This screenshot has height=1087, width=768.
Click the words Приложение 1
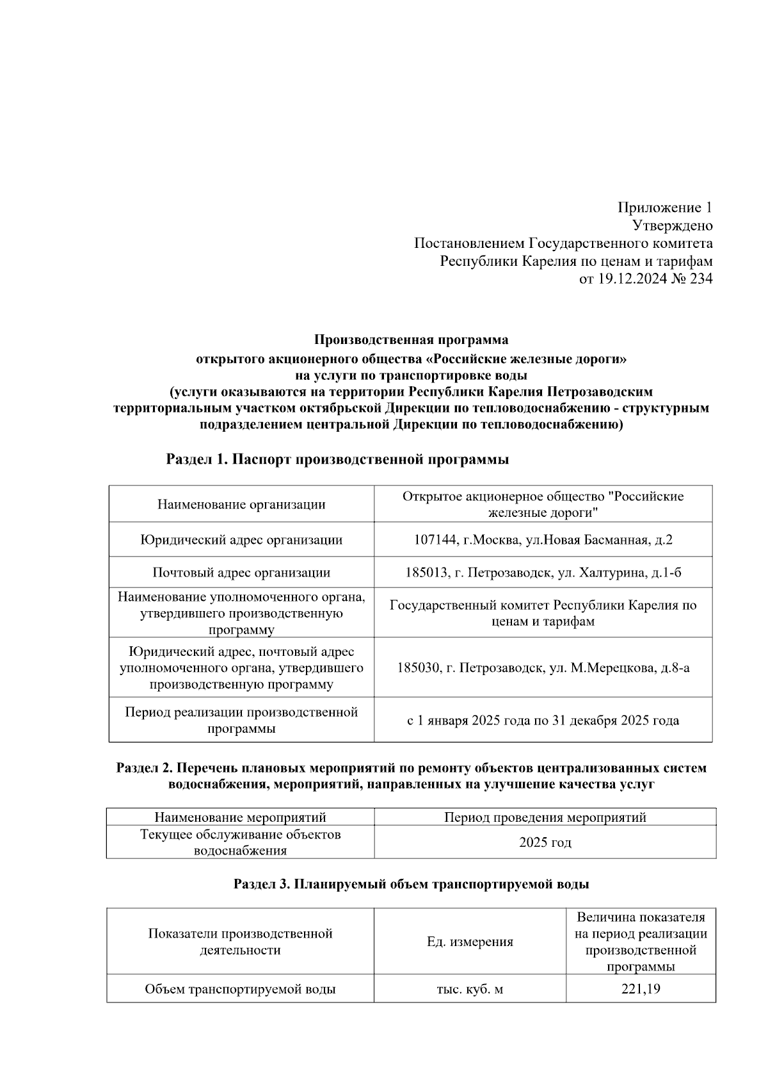[664, 208]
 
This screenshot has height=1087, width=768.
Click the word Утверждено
[672, 225]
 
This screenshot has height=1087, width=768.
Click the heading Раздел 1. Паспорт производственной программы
[337, 459]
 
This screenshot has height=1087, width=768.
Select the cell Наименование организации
[241, 505]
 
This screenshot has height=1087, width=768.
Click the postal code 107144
[435, 540]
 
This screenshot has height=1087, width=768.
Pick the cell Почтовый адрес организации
[241, 573]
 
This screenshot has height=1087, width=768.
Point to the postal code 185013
[426, 573]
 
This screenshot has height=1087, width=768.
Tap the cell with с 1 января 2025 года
[543, 721]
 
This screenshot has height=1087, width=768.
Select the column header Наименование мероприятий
[240, 817]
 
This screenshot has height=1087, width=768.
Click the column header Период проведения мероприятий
[545, 817]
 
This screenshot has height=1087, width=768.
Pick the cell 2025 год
[545, 842]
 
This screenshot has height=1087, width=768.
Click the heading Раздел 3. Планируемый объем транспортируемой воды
[411, 885]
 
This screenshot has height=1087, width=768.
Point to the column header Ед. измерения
[470, 942]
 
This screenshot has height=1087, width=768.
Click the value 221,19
[641, 989]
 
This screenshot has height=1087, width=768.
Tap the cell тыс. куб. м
[470, 989]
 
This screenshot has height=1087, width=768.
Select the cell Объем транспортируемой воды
[240, 989]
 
